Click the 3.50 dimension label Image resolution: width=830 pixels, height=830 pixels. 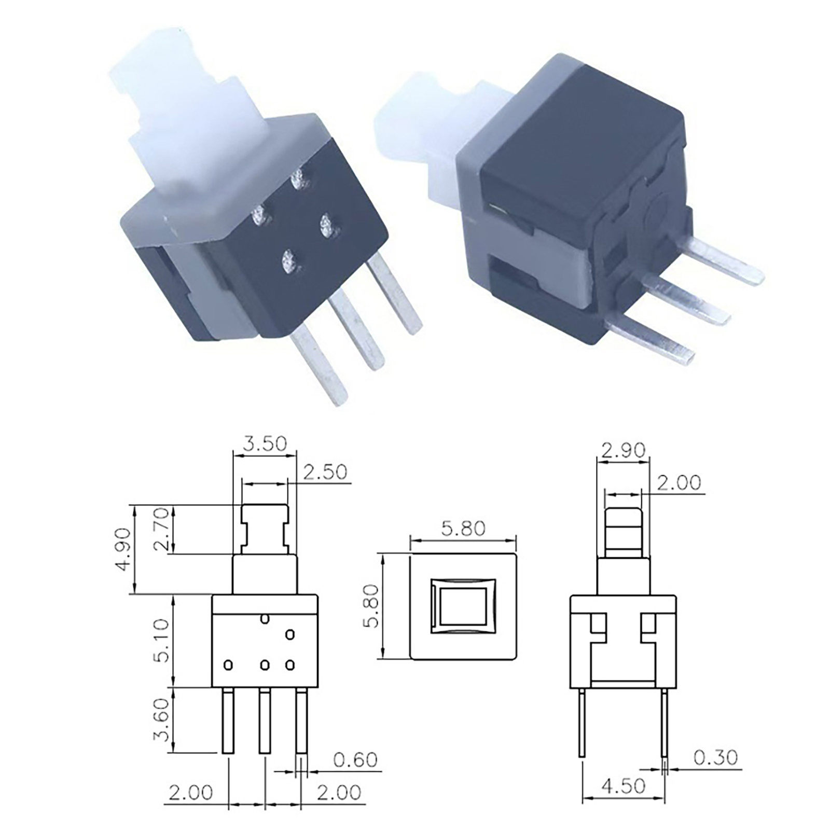(265, 444)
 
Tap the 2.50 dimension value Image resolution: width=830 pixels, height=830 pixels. (325, 472)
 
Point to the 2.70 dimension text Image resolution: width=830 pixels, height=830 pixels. (161, 529)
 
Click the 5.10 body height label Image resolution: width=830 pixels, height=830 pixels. (161, 640)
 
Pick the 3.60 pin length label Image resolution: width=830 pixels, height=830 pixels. (161, 719)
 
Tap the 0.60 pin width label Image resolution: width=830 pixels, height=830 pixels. (355, 760)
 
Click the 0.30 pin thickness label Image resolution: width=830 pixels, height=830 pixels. (715, 758)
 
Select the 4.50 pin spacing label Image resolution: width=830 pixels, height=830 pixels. (624, 786)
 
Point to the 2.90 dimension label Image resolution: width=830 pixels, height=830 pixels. (623, 450)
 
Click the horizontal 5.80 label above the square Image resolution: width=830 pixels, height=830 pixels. (463, 529)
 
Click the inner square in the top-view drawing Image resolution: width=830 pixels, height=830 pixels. (463, 606)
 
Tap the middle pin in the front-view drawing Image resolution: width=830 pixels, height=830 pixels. (265, 721)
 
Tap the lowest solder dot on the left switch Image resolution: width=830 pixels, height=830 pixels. (288, 260)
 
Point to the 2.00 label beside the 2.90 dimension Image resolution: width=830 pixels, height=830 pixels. (679, 483)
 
